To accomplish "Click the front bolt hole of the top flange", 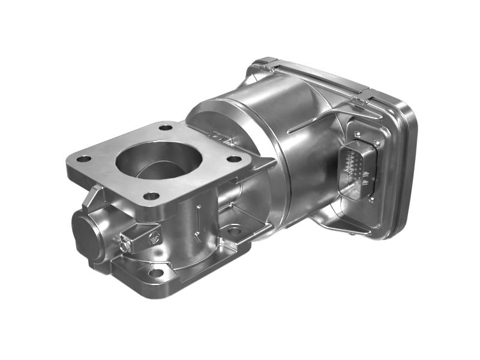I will click(x=151, y=196).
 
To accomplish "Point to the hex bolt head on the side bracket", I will click(x=125, y=245).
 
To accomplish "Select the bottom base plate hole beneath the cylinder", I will click(x=234, y=230).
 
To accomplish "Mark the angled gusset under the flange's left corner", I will click(x=94, y=195).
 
